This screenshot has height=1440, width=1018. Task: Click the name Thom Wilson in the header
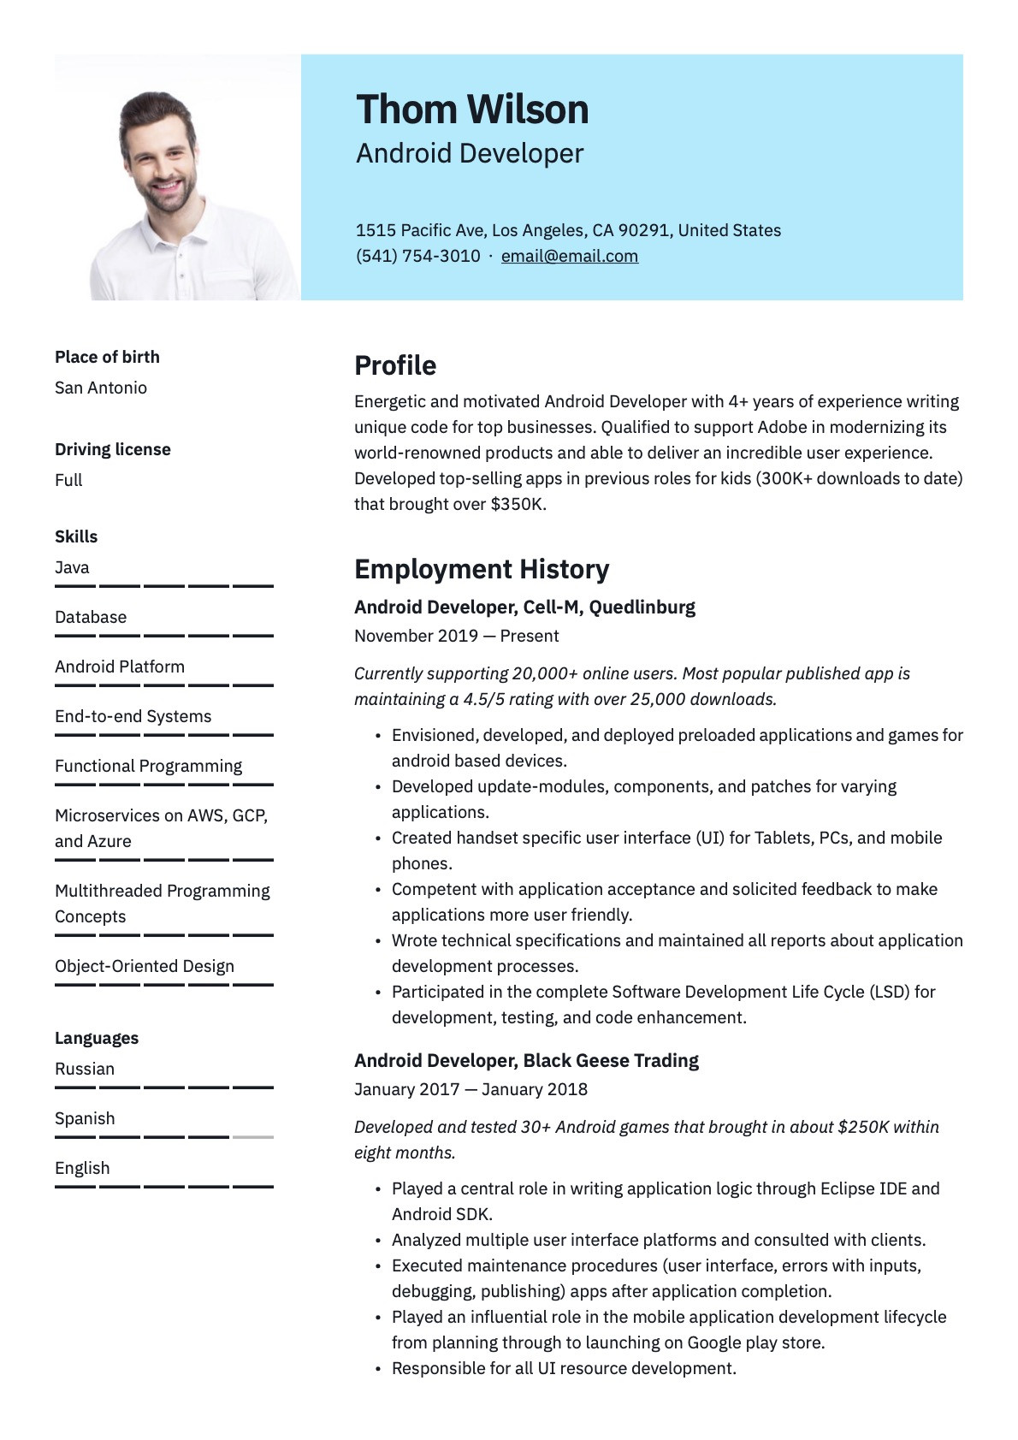pos(472,110)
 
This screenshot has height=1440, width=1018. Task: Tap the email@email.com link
pos(570,256)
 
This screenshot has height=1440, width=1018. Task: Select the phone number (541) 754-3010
pos(417,256)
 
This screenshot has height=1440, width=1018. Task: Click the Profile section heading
pos(395,365)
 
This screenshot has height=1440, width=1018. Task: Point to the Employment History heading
pos(482,569)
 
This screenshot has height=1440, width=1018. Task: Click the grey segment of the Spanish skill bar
pos(252,1137)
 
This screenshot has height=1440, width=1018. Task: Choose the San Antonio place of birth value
pos(101,388)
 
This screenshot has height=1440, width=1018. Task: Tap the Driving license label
pos(113,449)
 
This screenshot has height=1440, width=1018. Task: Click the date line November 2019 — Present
pos(457,636)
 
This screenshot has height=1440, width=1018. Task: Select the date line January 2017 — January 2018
pos(471,1089)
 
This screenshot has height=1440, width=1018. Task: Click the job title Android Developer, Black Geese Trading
pos(526,1061)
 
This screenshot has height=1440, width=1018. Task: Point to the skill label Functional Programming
pos(149,766)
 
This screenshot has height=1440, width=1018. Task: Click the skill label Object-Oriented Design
pos(145,966)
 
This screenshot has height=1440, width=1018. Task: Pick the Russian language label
pos(85,1069)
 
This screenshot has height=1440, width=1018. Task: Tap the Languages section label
pos(97,1038)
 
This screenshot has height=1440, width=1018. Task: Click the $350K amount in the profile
pos(517,504)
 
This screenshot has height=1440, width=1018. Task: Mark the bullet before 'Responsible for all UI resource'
pos(378,1369)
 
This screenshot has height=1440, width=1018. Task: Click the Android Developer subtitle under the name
pos(470,154)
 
